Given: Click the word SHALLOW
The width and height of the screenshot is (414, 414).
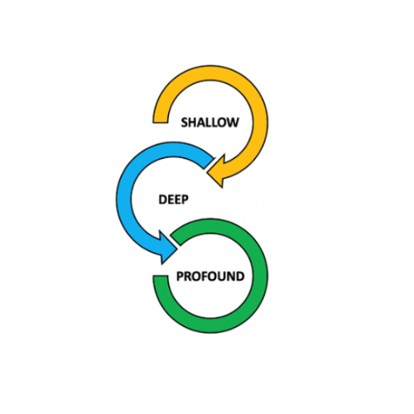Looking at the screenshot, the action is click(209, 123).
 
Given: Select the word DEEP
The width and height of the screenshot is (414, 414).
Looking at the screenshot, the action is click(174, 200).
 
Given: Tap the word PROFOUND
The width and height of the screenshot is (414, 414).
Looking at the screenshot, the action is click(210, 277).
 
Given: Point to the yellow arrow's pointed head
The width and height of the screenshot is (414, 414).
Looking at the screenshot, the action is click(208, 174).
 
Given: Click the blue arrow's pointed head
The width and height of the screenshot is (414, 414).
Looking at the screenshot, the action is click(176, 250).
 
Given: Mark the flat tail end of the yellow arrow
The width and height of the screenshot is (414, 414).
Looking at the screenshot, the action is click(161, 123).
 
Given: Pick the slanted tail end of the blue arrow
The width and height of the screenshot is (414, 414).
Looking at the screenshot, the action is click(209, 163).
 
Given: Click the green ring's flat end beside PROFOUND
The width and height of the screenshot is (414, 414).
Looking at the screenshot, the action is click(161, 276).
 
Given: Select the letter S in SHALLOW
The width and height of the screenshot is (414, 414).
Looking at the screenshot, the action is click(185, 123).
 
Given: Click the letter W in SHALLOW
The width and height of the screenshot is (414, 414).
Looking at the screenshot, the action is click(233, 123).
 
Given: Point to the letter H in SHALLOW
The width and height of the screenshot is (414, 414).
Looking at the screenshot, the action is click(193, 123).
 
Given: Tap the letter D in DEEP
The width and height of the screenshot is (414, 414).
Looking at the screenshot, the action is click(162, 200).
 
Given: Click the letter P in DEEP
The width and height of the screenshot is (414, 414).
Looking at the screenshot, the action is click(185, 200).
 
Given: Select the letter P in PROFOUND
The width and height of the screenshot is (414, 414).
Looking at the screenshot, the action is click(180, 277).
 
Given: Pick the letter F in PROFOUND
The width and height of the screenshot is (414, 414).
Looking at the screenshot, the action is click(206, 277).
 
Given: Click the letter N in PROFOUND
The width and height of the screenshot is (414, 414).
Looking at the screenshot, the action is click(232, 277).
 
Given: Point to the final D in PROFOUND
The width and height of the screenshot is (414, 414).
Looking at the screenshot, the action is click(241, 277).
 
